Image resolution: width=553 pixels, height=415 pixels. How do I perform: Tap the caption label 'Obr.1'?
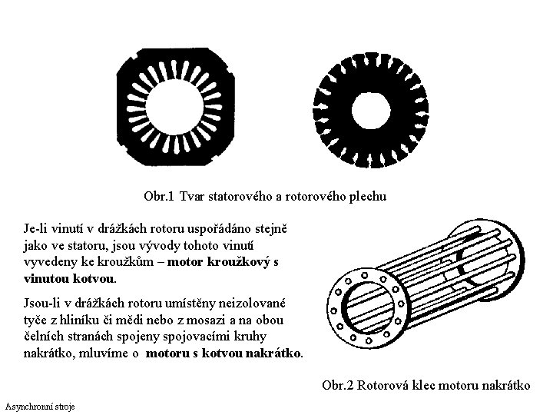coord(159,198)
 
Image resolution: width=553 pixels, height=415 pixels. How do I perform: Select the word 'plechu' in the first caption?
coord(369,198)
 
